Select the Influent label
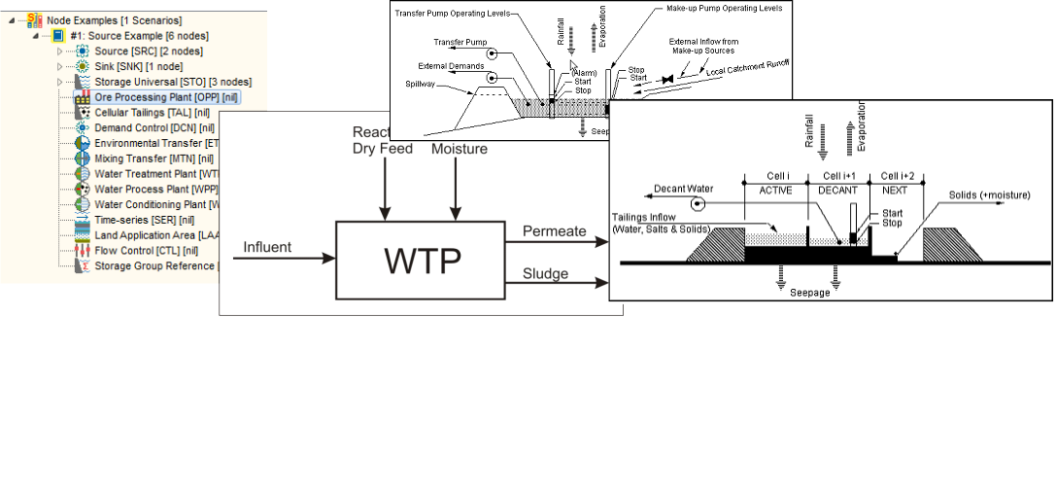pyautogui.click(x=267, y=247)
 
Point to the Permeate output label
pyautogui.click(x=555, y=231)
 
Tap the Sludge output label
pyautogui.click(x=545, y=273)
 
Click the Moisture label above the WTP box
pyautogui.click(x=459, y=149)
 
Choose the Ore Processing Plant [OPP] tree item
pyautogui.click(x=166, y=97)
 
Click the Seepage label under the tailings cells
pyautogui.click(x=810, y=293)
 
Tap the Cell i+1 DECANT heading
pyautogui.click(x=837, y=182)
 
